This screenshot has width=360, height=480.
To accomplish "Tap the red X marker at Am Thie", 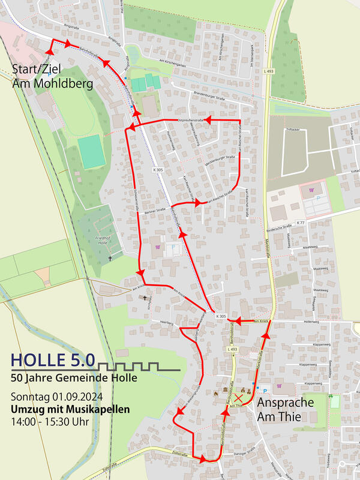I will (x=239, y=398).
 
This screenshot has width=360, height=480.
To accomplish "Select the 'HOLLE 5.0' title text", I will (x=53, y=360).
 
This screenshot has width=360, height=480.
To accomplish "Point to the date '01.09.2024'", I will (x=78, y=397).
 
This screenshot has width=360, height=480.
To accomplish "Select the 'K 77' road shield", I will (x=301, y=223).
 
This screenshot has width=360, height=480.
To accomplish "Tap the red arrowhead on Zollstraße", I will (x=202, y=459).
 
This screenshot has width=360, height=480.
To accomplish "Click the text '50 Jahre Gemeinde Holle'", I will (x=74, y=378).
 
